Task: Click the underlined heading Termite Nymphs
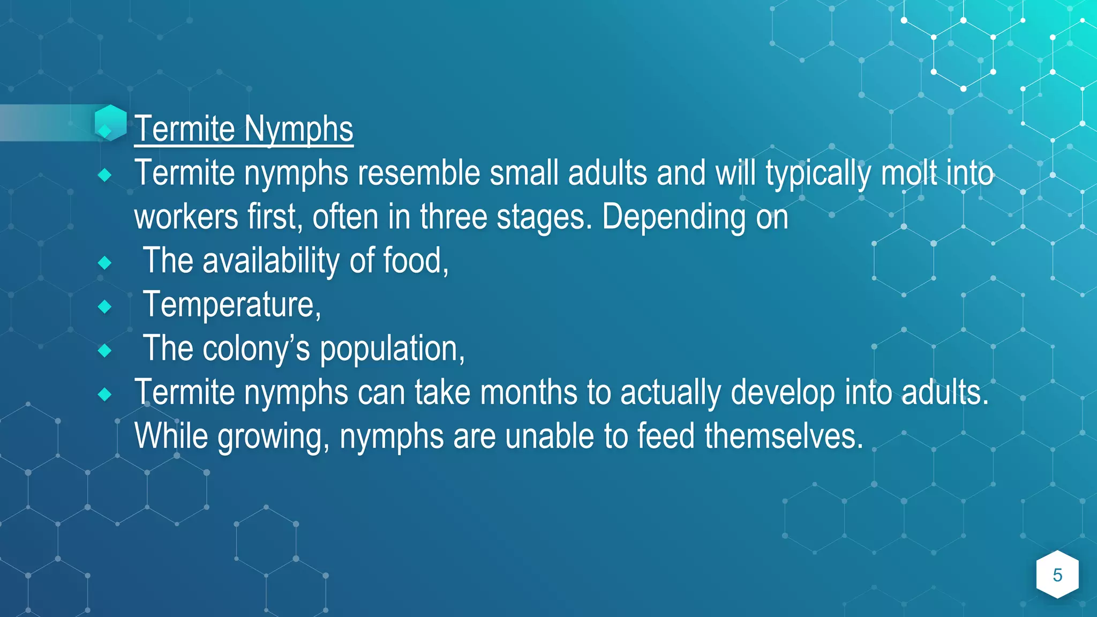pyautogui.click(x=244, y=129)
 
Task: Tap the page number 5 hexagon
pyautogui.click(x=1057, y=575)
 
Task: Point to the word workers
pyautogui.click(x=186, y=217)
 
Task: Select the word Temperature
pyautogui.click(x=231, y=305)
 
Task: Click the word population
pyautogui.click(x=392, y=349)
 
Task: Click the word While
pyautogui.click(x=171, y=437)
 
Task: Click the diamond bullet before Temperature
pyautogui.click(x=105, y=307)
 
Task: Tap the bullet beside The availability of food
pyautogui.click(x=105, y=263)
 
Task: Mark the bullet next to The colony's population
pyautogui.click(x=105, y=351)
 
